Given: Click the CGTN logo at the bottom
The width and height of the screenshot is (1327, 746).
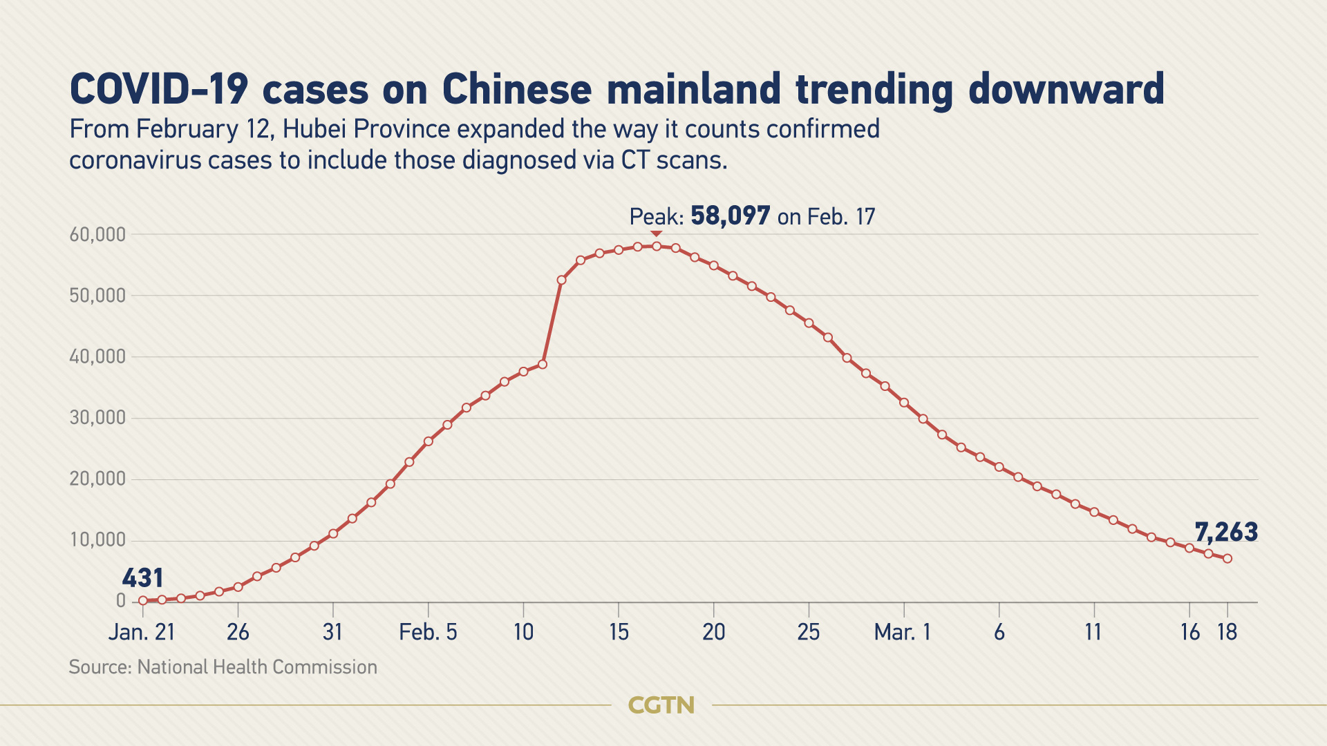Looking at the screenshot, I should (661, 705).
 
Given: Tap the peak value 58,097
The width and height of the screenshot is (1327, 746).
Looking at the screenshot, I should (730, 216).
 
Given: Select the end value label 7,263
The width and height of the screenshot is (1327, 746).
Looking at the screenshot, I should (1226, 533).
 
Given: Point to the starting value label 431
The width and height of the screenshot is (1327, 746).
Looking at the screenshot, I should (143, 578).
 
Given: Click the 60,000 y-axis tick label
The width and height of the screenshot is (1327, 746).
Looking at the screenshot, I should (97, 235).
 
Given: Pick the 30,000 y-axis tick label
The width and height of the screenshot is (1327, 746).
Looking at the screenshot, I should (97, 418).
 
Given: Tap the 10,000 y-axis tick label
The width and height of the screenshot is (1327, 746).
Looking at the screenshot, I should (97, 540).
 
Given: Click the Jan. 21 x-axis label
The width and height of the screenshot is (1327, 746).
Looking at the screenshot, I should (142, 632).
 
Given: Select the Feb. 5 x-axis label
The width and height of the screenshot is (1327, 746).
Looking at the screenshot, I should (428, 632).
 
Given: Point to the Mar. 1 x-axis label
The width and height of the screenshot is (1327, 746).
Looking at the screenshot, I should (903, 632).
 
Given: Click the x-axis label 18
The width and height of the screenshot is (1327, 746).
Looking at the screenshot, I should (1227, 632).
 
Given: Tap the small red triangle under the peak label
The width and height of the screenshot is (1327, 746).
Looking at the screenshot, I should (656, 234).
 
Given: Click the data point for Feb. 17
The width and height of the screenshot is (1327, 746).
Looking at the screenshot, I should (657, 246).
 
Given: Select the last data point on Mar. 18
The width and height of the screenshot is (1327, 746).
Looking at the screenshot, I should (1227, 559).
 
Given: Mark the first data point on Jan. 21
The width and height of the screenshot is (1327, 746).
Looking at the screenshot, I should (143, 600).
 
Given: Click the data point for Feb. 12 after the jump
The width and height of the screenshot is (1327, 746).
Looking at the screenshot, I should (561, 280).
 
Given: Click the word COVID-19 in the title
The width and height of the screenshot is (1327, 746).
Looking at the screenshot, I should (159, 90).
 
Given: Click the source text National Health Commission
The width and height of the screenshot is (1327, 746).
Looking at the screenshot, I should (257, 667).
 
